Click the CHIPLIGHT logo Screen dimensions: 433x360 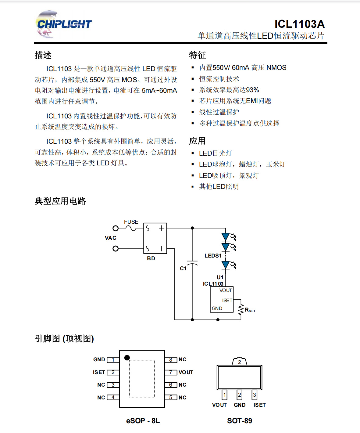pos(63,24)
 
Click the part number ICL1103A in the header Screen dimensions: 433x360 pos(299,24)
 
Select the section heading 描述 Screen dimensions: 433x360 pos(43,55)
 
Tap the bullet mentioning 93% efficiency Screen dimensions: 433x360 pos(229,90)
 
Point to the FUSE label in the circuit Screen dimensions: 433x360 pos(131,222)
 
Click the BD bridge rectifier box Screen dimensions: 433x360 pos(155,238)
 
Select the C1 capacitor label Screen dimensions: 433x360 pos(183,269)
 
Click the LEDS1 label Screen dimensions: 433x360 pos(213,256)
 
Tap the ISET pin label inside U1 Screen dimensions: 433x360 pos(227,301)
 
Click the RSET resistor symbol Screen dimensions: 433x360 pos(241,309)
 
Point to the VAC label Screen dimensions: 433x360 pos(110,238)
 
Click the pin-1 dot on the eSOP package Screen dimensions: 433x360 pos(127,358)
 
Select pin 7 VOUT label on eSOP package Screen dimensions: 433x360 pos(186,372)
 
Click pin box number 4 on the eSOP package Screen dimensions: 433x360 pos(113,398)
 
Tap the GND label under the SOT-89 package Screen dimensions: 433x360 pos(240,405)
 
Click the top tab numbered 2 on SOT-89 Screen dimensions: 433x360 pos(240,362)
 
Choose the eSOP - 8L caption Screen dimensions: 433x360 pos(143,421)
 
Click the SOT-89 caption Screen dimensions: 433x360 pos(240,421)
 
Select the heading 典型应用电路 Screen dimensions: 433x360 pos(60,201)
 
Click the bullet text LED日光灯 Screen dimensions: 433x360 pos(215,153)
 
